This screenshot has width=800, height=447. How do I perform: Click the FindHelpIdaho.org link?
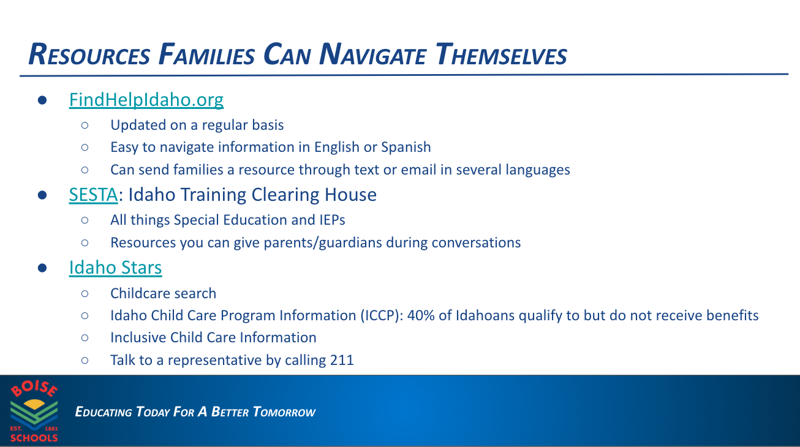coord(146,99)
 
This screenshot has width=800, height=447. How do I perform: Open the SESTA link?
coord(92,195)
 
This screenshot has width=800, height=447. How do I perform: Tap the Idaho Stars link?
coord(115,268)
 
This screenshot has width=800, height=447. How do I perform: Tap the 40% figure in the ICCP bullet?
coord(421,315)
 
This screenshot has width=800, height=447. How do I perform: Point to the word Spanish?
coord(406,147)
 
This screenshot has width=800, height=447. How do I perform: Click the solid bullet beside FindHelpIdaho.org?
coord(42,100)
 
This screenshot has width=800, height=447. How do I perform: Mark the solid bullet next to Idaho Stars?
coord(42,268)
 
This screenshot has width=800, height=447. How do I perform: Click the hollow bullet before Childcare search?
coord(85,293)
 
